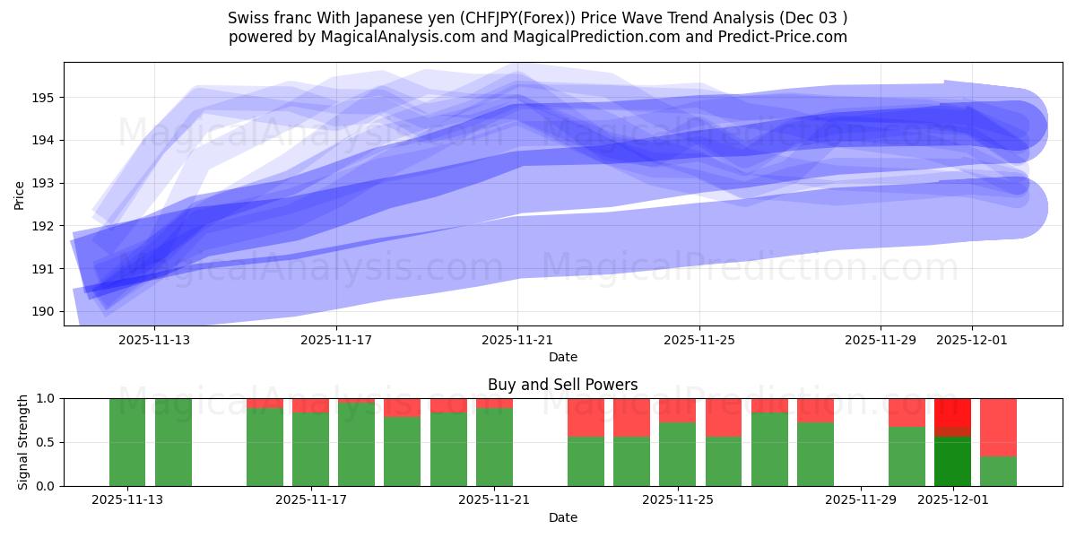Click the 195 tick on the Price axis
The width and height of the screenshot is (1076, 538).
[x=46, y=97]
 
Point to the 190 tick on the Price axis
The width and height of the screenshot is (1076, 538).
[x=46, y=311]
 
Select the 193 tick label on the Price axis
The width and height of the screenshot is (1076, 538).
[x=46, y=183]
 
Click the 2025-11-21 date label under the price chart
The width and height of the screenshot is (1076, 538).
[x=517, y=340]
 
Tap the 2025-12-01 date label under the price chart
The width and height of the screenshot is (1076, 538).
[x=972, y=340]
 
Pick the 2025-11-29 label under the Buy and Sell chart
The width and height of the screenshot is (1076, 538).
[x=861, y=500]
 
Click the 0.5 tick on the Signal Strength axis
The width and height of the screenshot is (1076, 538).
[x=46, y=442]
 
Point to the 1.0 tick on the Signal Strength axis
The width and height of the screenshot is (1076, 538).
[x=46, y=398]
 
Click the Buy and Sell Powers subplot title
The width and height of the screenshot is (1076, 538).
[x=562, y=385]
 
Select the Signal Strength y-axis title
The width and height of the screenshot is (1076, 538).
[x=23, y=442]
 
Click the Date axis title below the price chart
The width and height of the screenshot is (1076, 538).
[x=562, y=357]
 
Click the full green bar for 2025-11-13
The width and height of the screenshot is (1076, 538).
[x=127, y=442]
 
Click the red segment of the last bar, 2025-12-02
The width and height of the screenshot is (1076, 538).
[x=998, y=427]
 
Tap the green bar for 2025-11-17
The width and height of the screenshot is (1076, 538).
[x=310, y=449]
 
